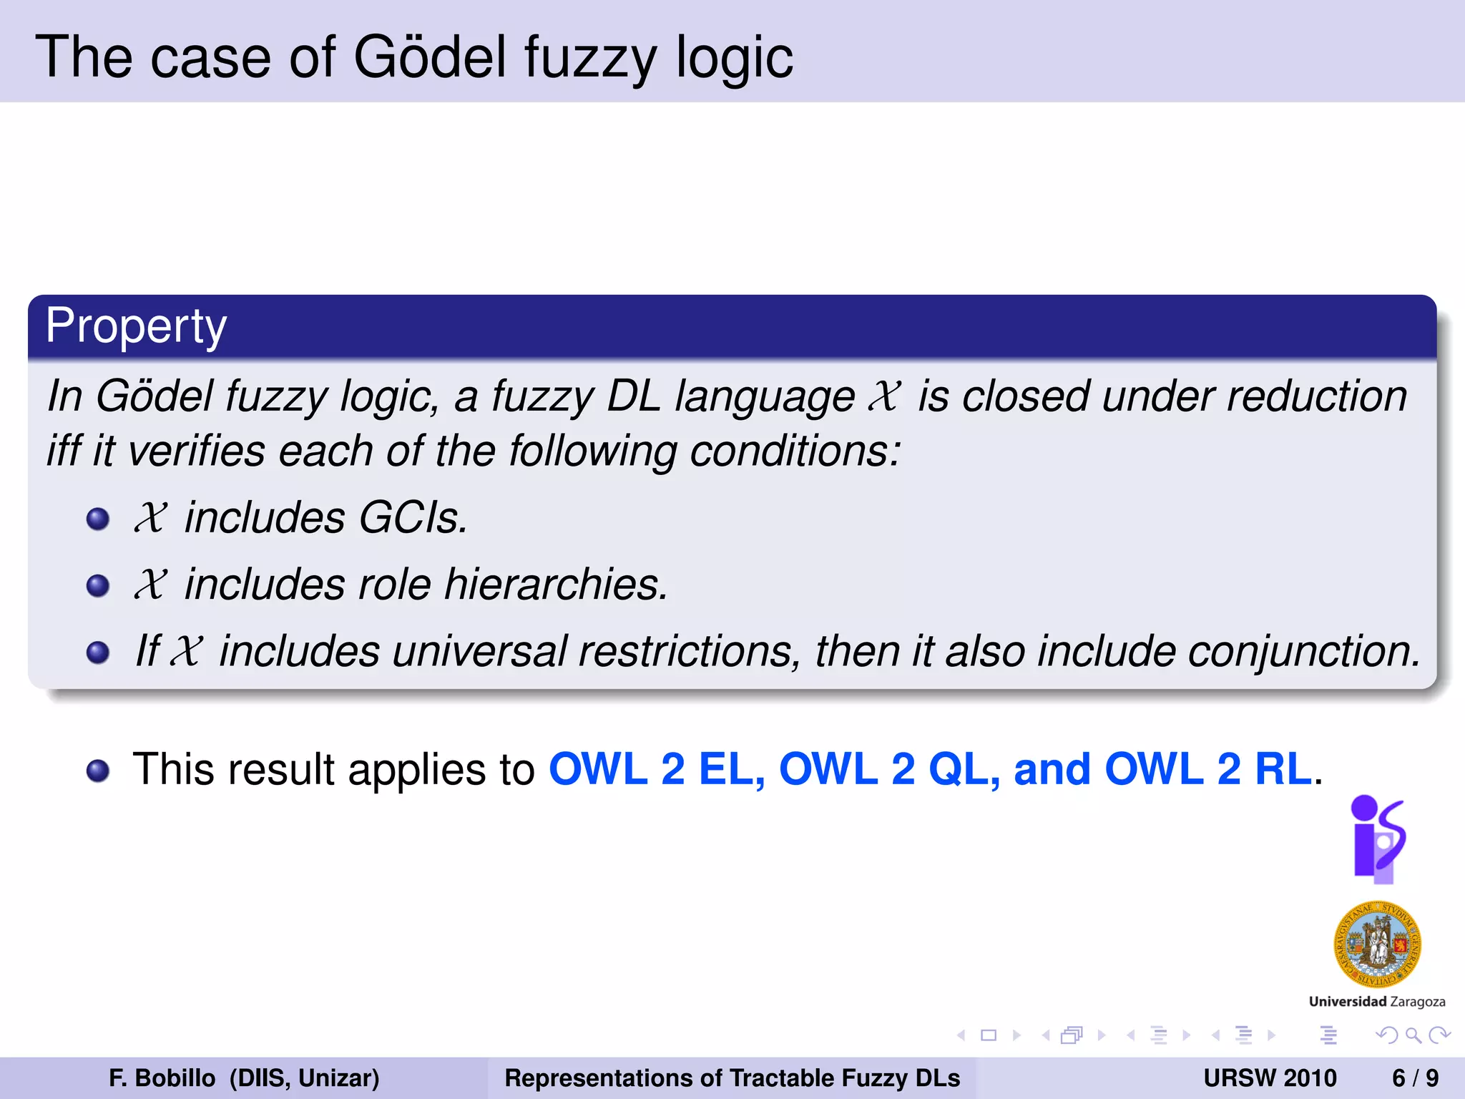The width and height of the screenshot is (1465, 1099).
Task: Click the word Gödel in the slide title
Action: [x=429, y=57]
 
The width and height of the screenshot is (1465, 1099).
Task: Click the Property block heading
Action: [x=136, y=326]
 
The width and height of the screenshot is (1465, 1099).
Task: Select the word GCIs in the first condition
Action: [x=413, y=517]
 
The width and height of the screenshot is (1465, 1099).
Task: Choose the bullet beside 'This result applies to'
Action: [x=98, y=771]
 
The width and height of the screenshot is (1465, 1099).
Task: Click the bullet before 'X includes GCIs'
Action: [x=98, y=518]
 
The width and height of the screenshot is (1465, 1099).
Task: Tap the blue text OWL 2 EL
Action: [x=655, y=769]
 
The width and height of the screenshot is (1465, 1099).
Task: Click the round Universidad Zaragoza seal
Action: [x=1377, y=944]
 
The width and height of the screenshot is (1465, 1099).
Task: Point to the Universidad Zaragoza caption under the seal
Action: [x=1377, y=1002]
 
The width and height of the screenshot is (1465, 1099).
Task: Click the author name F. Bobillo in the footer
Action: [x=162, y=1078]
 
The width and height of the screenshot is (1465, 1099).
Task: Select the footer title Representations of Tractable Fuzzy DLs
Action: [x=732, y=1078]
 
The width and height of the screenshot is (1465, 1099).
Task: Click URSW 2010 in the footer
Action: [x=1270, y=1078]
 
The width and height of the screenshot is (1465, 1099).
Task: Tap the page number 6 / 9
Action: [x=1415, y=1078]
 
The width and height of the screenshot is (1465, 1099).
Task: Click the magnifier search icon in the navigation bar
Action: [x=1413, y=1035]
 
